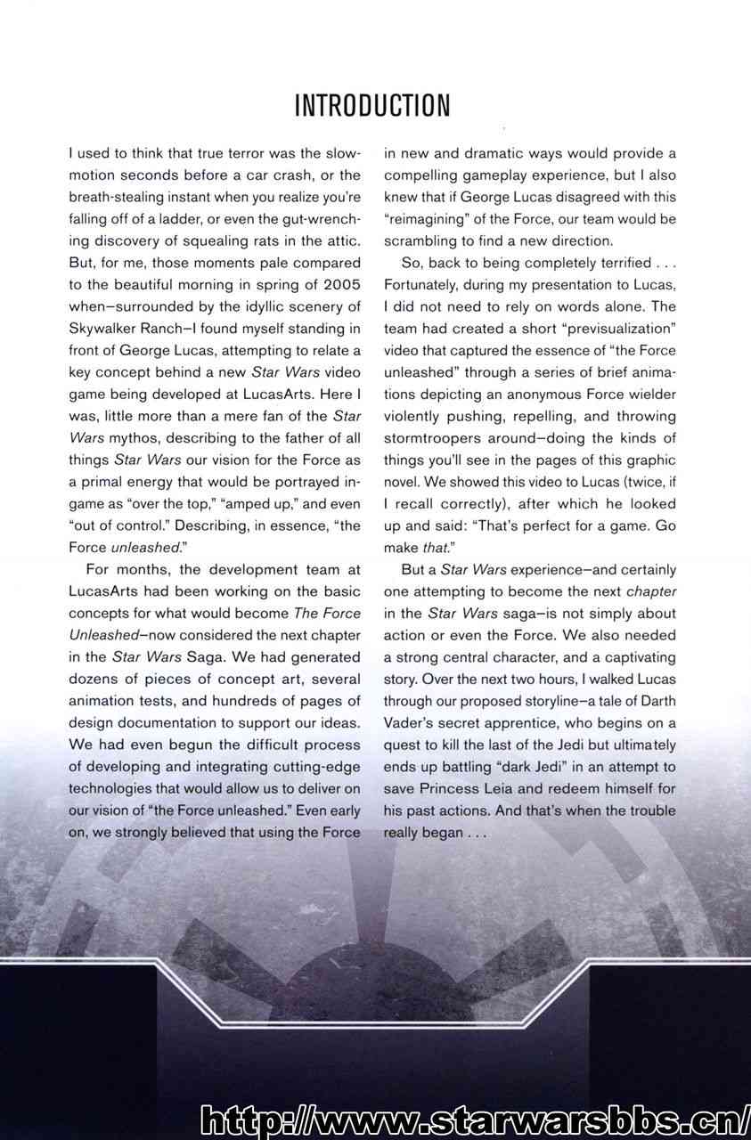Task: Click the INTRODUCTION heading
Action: click(x=372, y=105)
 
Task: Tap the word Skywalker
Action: click(x=106, y=329)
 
